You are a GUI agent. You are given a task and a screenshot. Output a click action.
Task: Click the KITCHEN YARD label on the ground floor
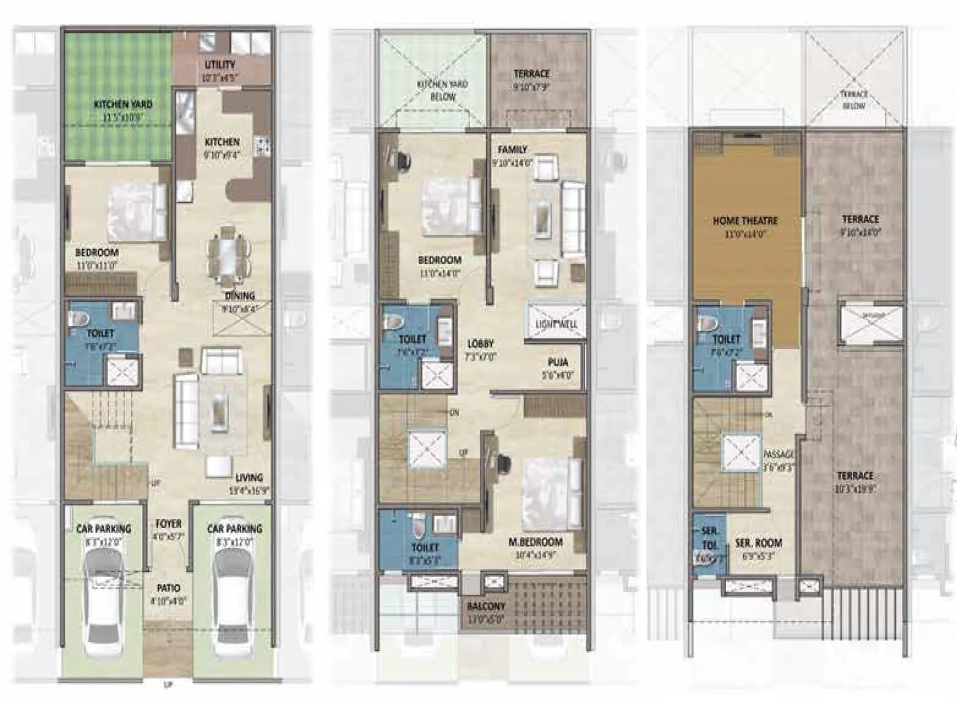pyautogui.click(x=123, y=105)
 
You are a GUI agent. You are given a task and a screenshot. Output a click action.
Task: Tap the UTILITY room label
pyautogui.click(x=220, y=65)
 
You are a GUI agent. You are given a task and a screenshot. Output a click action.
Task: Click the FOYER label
pyautogui.click(x=169, y=524)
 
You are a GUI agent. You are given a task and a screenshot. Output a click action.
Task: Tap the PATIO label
pyautogui.click(x=168, y=589)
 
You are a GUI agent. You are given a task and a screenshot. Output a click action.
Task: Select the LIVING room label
pyautogui.click(x=249, y=477)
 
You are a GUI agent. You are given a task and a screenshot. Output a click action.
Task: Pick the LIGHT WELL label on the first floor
pyautogui.click(x=556, y=324)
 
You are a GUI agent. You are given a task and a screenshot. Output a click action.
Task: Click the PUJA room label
pyautogui.click(x=557, y=362)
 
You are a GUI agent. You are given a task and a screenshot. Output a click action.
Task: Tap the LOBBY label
pyautogui.click(x=480, y=344)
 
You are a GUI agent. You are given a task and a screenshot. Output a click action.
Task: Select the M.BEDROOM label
pyautogui.click(x=535, y=542)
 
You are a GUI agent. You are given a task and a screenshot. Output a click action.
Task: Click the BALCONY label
pyautogui.click(x=486, y=606)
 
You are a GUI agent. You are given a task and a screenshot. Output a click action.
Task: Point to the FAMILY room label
pyautogui.click(x=512, y=149)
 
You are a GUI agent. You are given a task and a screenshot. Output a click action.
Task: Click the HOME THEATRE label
pyautogui.click(x=745, y=220)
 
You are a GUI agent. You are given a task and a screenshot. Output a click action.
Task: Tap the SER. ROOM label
pyautogui.click(x=758, y=543)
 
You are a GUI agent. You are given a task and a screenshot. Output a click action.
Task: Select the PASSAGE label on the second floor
pyautogui.click(x=778, y=455)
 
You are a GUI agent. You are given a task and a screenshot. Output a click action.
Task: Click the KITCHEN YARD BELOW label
pyautogui.click(x=443, y=90)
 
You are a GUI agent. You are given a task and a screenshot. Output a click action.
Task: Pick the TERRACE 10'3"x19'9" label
pyautogui.click(x=855, y=476)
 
